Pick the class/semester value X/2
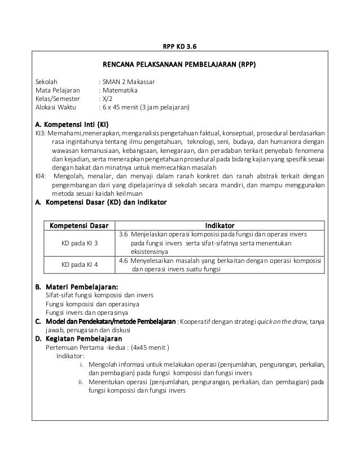pyautogui.click(x=107, y=98)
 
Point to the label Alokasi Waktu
pyautogui.click(x=58, y=106)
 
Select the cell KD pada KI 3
pyautogui.click(x=80, y=243)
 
